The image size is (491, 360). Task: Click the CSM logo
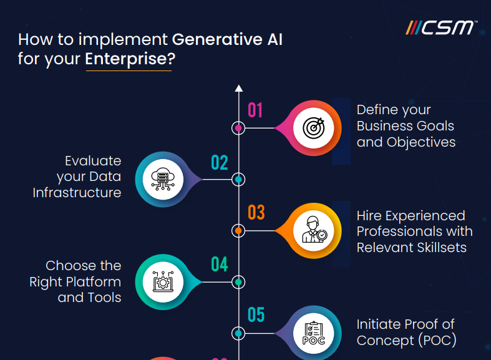click(x=441, y=28)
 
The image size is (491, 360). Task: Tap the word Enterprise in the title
click(x=129, y=61)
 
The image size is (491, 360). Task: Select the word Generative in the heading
click(x=210, y=39)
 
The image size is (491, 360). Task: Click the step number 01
click(x=255, y=110)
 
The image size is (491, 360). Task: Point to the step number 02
click(x=219, y=163)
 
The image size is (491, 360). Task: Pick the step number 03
click(x=256, y=213)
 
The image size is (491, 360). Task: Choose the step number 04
click(x=219, y=265)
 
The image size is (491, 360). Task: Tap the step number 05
click(x=256, y=314)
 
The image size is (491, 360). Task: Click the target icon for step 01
click(x=313, y=128)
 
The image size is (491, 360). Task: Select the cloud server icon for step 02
click(x=163, y=179)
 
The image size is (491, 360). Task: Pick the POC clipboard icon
click(x=313, y=333)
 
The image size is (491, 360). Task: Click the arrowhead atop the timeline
click(x=238, y=88)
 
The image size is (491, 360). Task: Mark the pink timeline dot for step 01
click(x=238, y=129)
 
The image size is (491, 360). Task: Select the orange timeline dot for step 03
click(x=238, y=231)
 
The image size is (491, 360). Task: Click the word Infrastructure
click(x=77, y=193)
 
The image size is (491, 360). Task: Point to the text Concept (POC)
click(x=406, y=340)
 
